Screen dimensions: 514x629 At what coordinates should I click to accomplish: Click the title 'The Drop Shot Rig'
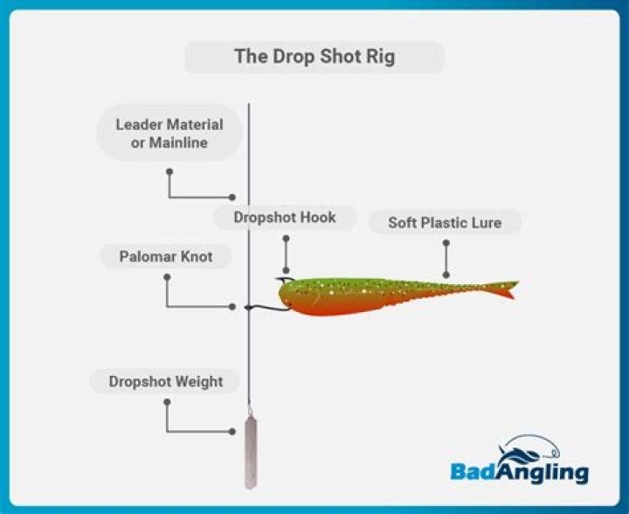point(314,57)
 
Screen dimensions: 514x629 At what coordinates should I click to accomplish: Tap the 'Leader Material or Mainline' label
point(169,134)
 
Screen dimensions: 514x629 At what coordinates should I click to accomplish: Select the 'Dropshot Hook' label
point(284,218)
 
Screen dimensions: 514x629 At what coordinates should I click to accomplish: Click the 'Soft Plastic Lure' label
point(445,223)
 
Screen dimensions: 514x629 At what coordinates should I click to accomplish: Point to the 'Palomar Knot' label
point(166,257)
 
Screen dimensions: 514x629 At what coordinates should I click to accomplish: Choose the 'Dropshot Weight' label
point(166,382)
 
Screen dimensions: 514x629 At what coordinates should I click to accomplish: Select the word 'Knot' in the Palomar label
point(194,257)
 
